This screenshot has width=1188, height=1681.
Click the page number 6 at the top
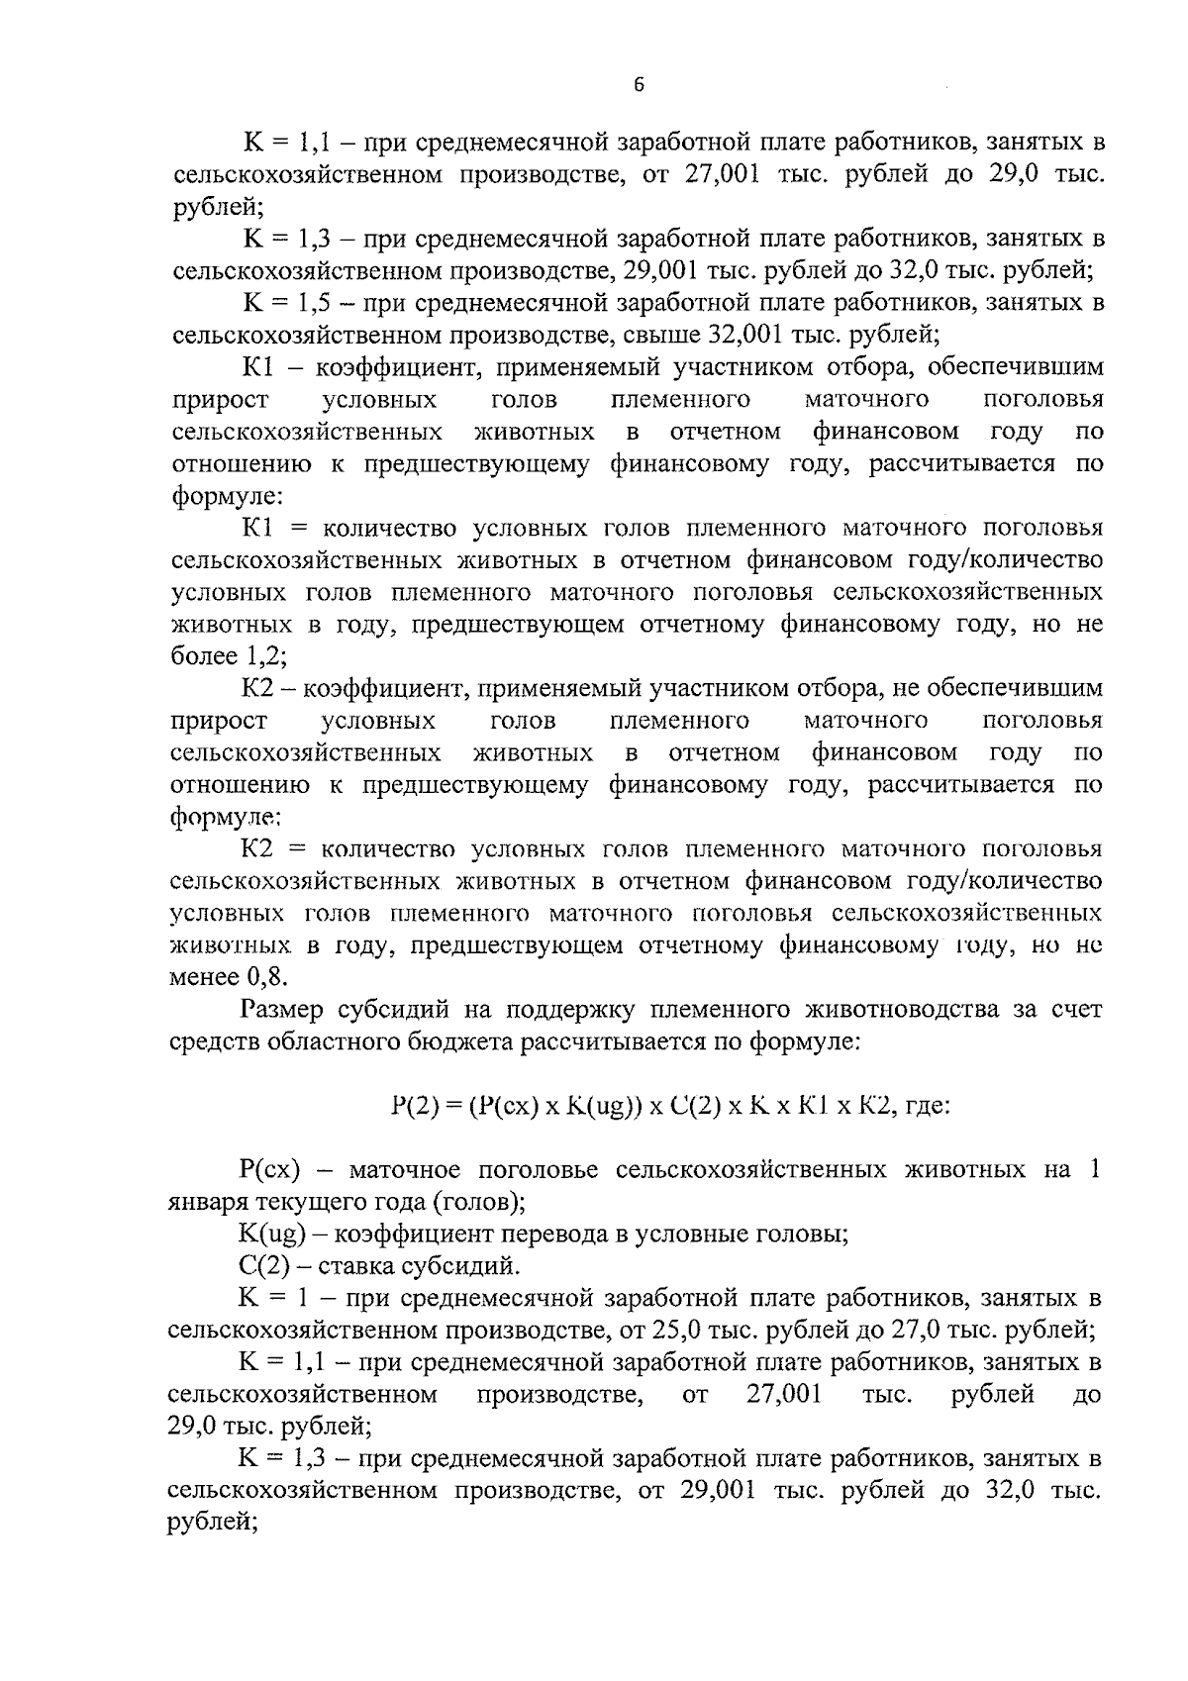[x=639, y=86]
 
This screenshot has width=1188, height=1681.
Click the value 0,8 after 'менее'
[x=263, y=977]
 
